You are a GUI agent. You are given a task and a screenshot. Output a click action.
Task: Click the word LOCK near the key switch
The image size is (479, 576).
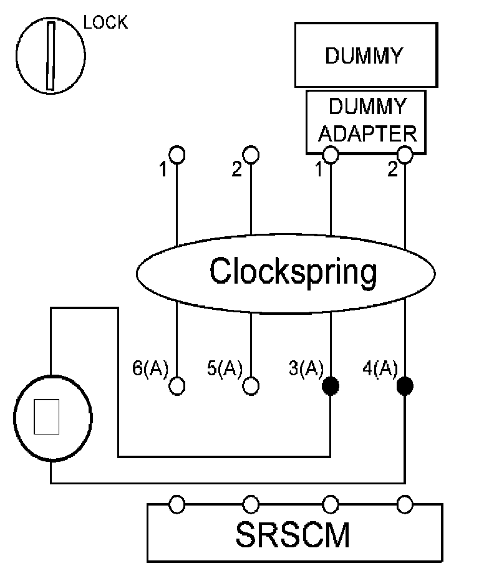(x=105, y=22)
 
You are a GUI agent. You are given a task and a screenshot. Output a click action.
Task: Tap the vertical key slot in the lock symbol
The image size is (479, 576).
(x=51, y=56)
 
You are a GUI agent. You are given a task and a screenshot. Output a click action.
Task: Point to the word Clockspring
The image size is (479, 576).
(x=293, y=272)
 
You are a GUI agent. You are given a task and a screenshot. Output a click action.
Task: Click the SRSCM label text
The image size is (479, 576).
(x=293, y=535)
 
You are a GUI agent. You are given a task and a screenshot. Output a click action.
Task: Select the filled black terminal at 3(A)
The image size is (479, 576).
(x=331, y=386)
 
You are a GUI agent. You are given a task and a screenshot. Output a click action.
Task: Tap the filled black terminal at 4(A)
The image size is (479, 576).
(x=405, y=386)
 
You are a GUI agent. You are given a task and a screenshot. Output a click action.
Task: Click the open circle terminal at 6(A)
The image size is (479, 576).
(x=177, y=386)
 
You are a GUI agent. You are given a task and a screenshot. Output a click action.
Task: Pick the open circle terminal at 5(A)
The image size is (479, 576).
(x=251, y=386)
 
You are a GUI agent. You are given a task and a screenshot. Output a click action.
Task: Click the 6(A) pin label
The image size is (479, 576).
(x=150, y=368)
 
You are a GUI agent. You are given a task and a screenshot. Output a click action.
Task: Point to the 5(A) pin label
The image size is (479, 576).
(x=225, y=368)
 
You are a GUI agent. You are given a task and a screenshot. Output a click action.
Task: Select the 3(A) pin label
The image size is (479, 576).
(x=306, y=368)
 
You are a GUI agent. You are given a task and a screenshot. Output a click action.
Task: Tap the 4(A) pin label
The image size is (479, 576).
(x=380, y=368)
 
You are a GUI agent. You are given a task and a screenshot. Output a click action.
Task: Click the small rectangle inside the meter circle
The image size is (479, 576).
(x=47, y=416)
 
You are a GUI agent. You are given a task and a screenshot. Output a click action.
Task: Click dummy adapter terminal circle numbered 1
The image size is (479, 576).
(x=331, y=155)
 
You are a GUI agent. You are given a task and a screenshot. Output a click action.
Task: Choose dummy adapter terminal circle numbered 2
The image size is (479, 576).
(x=405, y=155)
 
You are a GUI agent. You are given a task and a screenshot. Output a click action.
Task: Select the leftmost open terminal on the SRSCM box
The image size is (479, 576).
(x=177, y=504)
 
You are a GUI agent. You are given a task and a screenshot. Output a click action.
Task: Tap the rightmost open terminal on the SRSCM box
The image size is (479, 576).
(x=405, y=504)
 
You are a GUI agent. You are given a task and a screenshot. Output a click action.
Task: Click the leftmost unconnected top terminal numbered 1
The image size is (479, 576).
(x=177, y=155)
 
